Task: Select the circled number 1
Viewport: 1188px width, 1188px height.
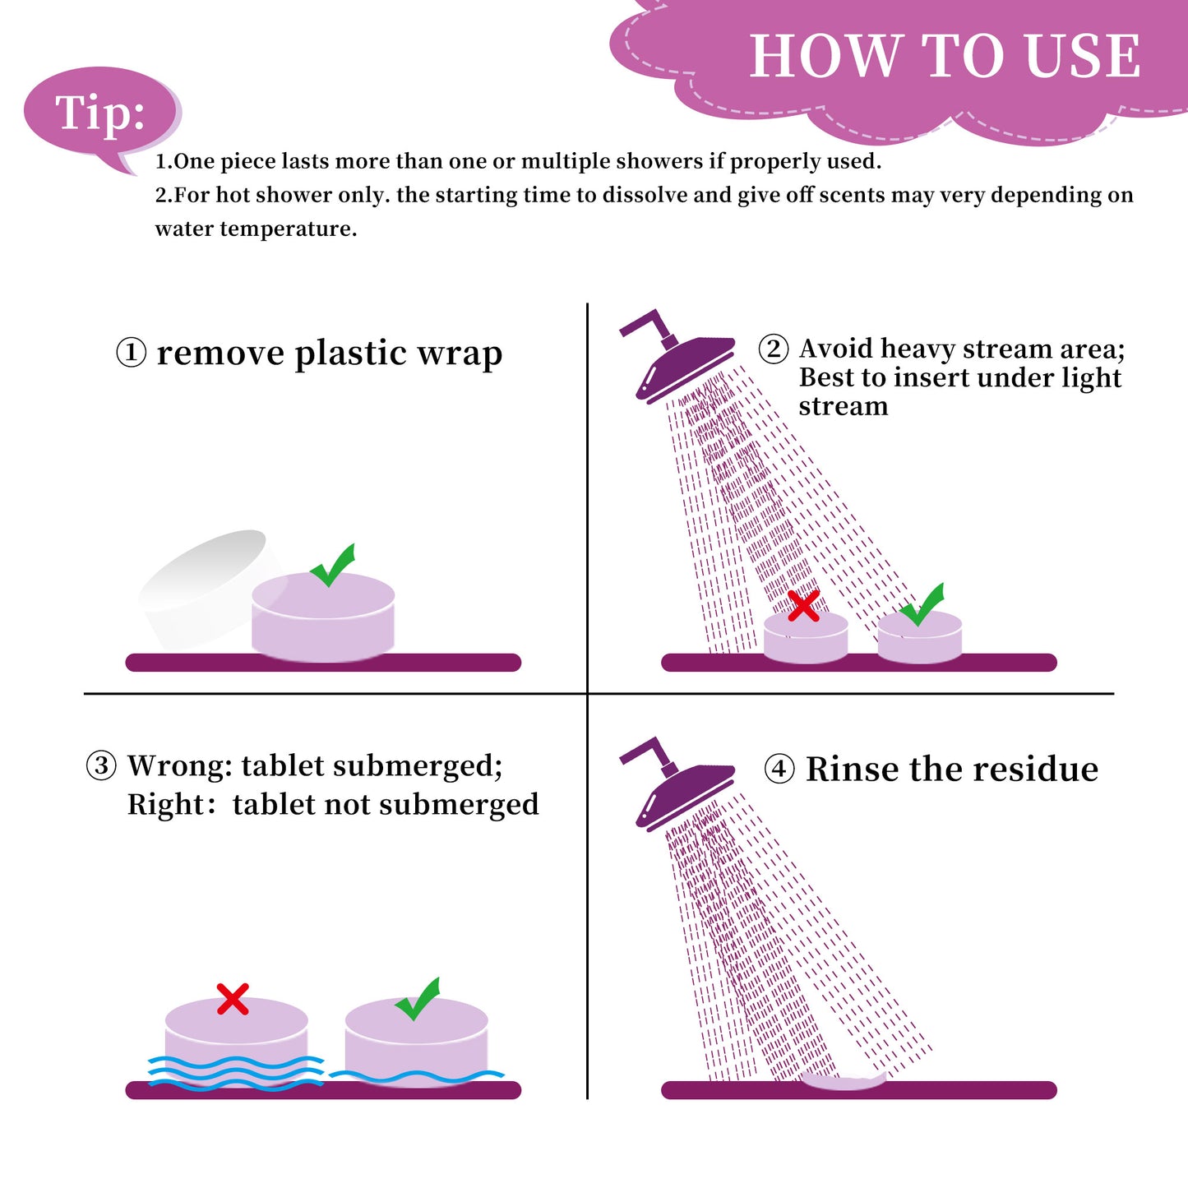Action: (131, 353)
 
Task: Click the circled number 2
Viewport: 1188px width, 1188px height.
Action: (774, 349)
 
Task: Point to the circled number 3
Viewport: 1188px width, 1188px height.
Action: (101, 765)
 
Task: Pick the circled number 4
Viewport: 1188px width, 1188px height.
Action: (779, 770)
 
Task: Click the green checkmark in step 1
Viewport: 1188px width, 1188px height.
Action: (333, 565)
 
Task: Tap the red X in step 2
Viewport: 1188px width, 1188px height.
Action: (804, 605)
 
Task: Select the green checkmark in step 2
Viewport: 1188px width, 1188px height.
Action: (922, 604)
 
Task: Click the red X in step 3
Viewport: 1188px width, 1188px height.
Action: (233, 999)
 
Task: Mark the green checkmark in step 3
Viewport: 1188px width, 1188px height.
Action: (418, 999)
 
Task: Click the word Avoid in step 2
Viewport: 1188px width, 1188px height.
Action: (837, 349)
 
